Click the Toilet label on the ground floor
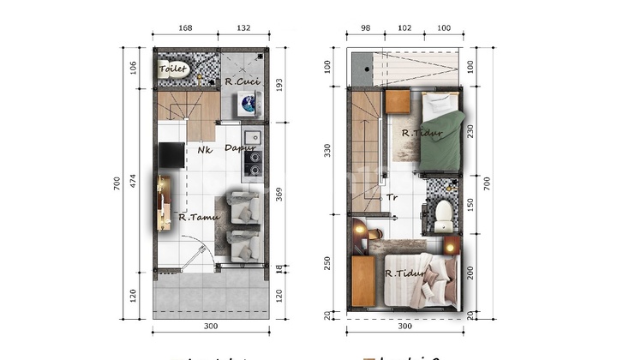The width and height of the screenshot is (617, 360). (173, 69)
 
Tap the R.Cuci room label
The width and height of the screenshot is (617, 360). (242, 82)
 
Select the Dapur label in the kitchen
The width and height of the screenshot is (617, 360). (241, 148)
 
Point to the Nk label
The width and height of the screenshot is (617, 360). (204, 150)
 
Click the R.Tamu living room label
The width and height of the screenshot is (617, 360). (199, 217)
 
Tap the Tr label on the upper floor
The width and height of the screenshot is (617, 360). (392, 197)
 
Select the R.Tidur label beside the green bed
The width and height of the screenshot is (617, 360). (420, 132)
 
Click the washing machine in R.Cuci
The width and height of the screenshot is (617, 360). (249, 105)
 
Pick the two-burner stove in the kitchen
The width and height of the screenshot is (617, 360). (252, 161)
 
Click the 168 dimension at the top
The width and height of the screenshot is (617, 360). (185, 28)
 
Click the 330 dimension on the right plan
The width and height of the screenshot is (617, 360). (326, 151)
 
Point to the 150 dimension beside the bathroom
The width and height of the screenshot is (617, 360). (470, 206)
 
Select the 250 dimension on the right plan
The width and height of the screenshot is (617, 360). (326, 262)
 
